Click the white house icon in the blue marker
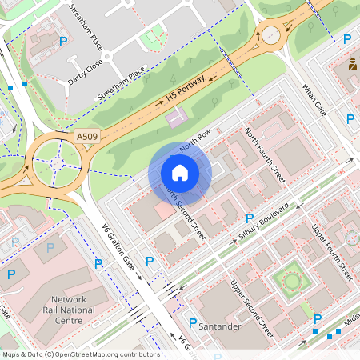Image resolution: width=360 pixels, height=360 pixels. (x=180, y=173)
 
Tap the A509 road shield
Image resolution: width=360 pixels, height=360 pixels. (x=89, y=138)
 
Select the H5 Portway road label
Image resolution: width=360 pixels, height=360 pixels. (x=186, y=89)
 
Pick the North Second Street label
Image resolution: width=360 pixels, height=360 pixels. (x=185, y=211)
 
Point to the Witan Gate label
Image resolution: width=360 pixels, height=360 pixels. (x=314, y=96)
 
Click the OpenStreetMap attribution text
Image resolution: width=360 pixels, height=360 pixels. (x=80, y=354)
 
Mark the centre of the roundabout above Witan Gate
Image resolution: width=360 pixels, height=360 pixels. (x=271, y=35)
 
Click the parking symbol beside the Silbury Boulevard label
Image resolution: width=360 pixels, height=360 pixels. (x=250, y=218)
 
